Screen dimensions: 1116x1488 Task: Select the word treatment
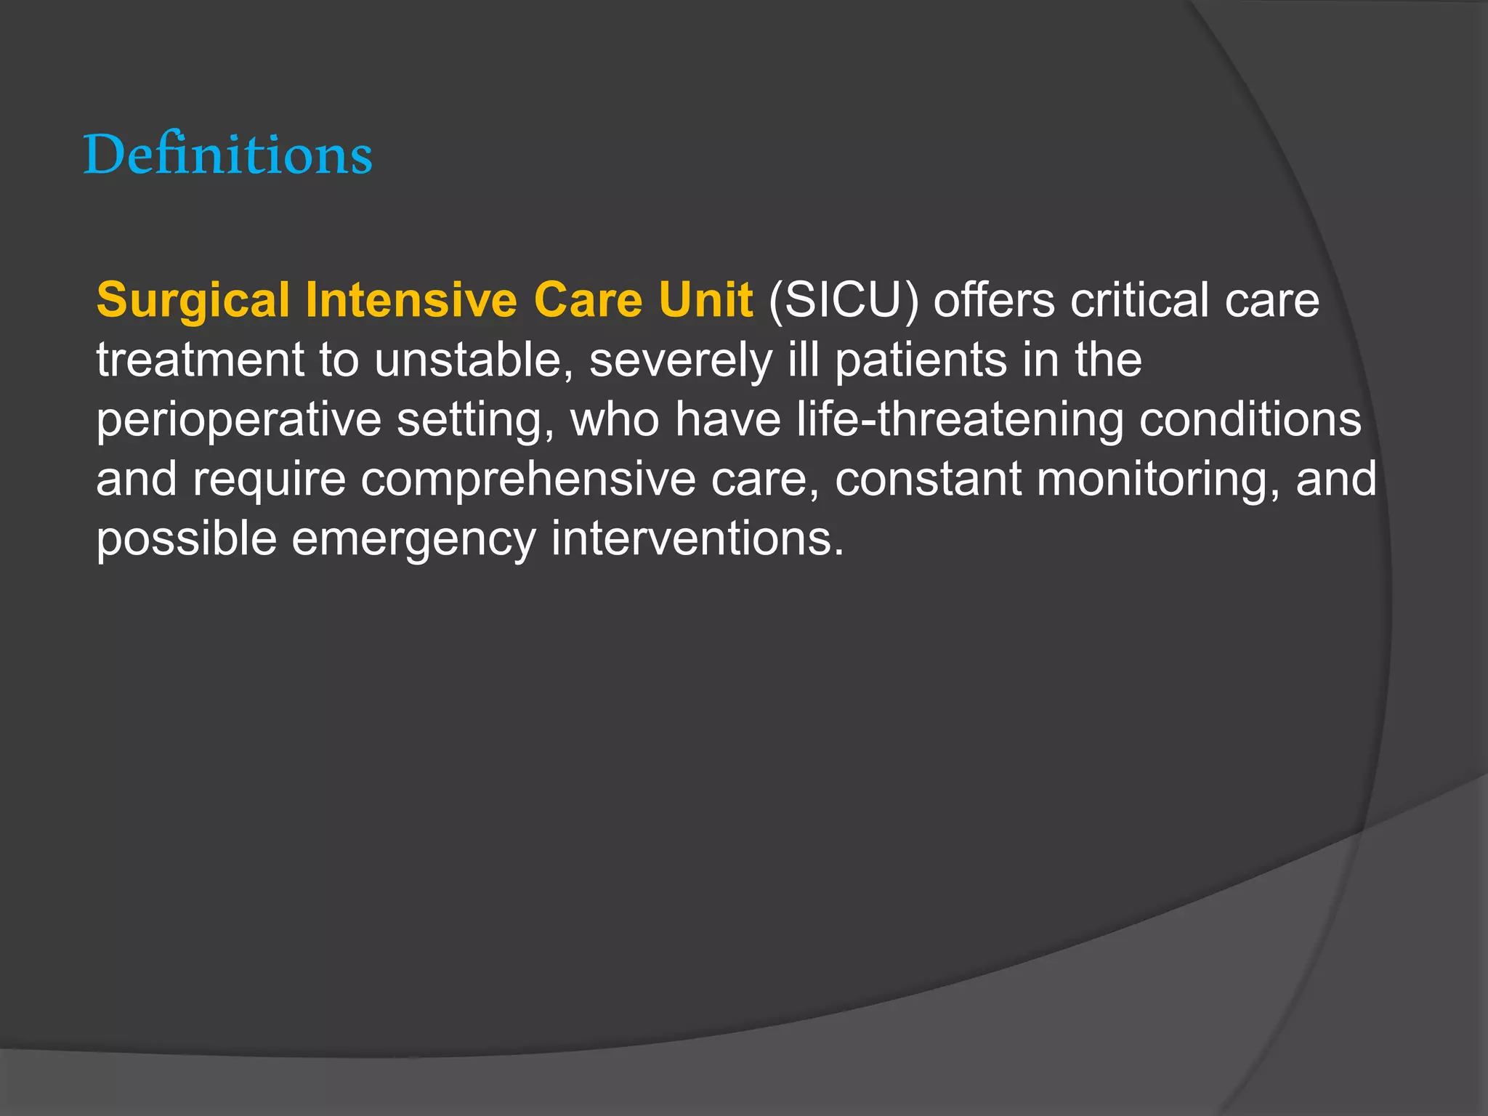click(201, 360)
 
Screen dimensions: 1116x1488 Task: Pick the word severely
click(681, 360)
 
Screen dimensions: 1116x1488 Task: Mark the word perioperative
click(239, 420)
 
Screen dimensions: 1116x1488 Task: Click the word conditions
click(1250, 420)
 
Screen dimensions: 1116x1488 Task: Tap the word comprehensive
click(528, 480)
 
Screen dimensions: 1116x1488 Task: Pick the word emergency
click(413, 539)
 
